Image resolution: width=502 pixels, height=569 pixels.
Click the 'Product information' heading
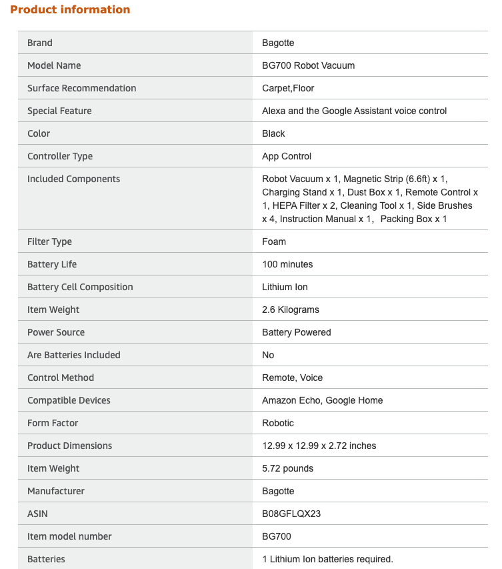(x=70, y=9)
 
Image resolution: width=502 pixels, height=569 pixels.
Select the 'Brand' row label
(x=40, y=43)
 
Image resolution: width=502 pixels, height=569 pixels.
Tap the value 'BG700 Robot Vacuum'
(x=308, y=65)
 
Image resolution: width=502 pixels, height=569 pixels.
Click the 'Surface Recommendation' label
(x=81, y=88)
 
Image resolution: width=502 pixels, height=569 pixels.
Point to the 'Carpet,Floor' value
(x=288, y=88)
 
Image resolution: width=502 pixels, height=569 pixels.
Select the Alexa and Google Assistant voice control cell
(x=354, y=111)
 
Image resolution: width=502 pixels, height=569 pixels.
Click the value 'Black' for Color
(x=273, y=133)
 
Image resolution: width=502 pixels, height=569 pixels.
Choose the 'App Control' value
(x=287, y=156)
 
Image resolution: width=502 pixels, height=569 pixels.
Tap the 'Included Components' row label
(x=73, y=179)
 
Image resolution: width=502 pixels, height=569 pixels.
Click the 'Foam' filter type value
(x=274, y=241)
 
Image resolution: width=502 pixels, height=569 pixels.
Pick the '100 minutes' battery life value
(x=287, y=264)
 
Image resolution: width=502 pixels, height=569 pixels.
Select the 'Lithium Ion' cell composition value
(x=285, y=287)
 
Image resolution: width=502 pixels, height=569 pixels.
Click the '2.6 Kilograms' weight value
(x=291, y=310)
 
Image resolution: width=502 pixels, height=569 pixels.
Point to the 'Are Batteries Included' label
(x=73, y=355)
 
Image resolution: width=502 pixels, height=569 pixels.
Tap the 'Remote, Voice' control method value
(x=292, y=378)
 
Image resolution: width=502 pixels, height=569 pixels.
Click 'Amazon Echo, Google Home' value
(x=322, y=400)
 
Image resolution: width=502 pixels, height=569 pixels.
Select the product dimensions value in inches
(x=319, y=446)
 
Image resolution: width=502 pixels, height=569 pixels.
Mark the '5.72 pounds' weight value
(x=287, y=468)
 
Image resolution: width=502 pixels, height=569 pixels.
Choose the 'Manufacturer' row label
(x=56, y=491)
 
